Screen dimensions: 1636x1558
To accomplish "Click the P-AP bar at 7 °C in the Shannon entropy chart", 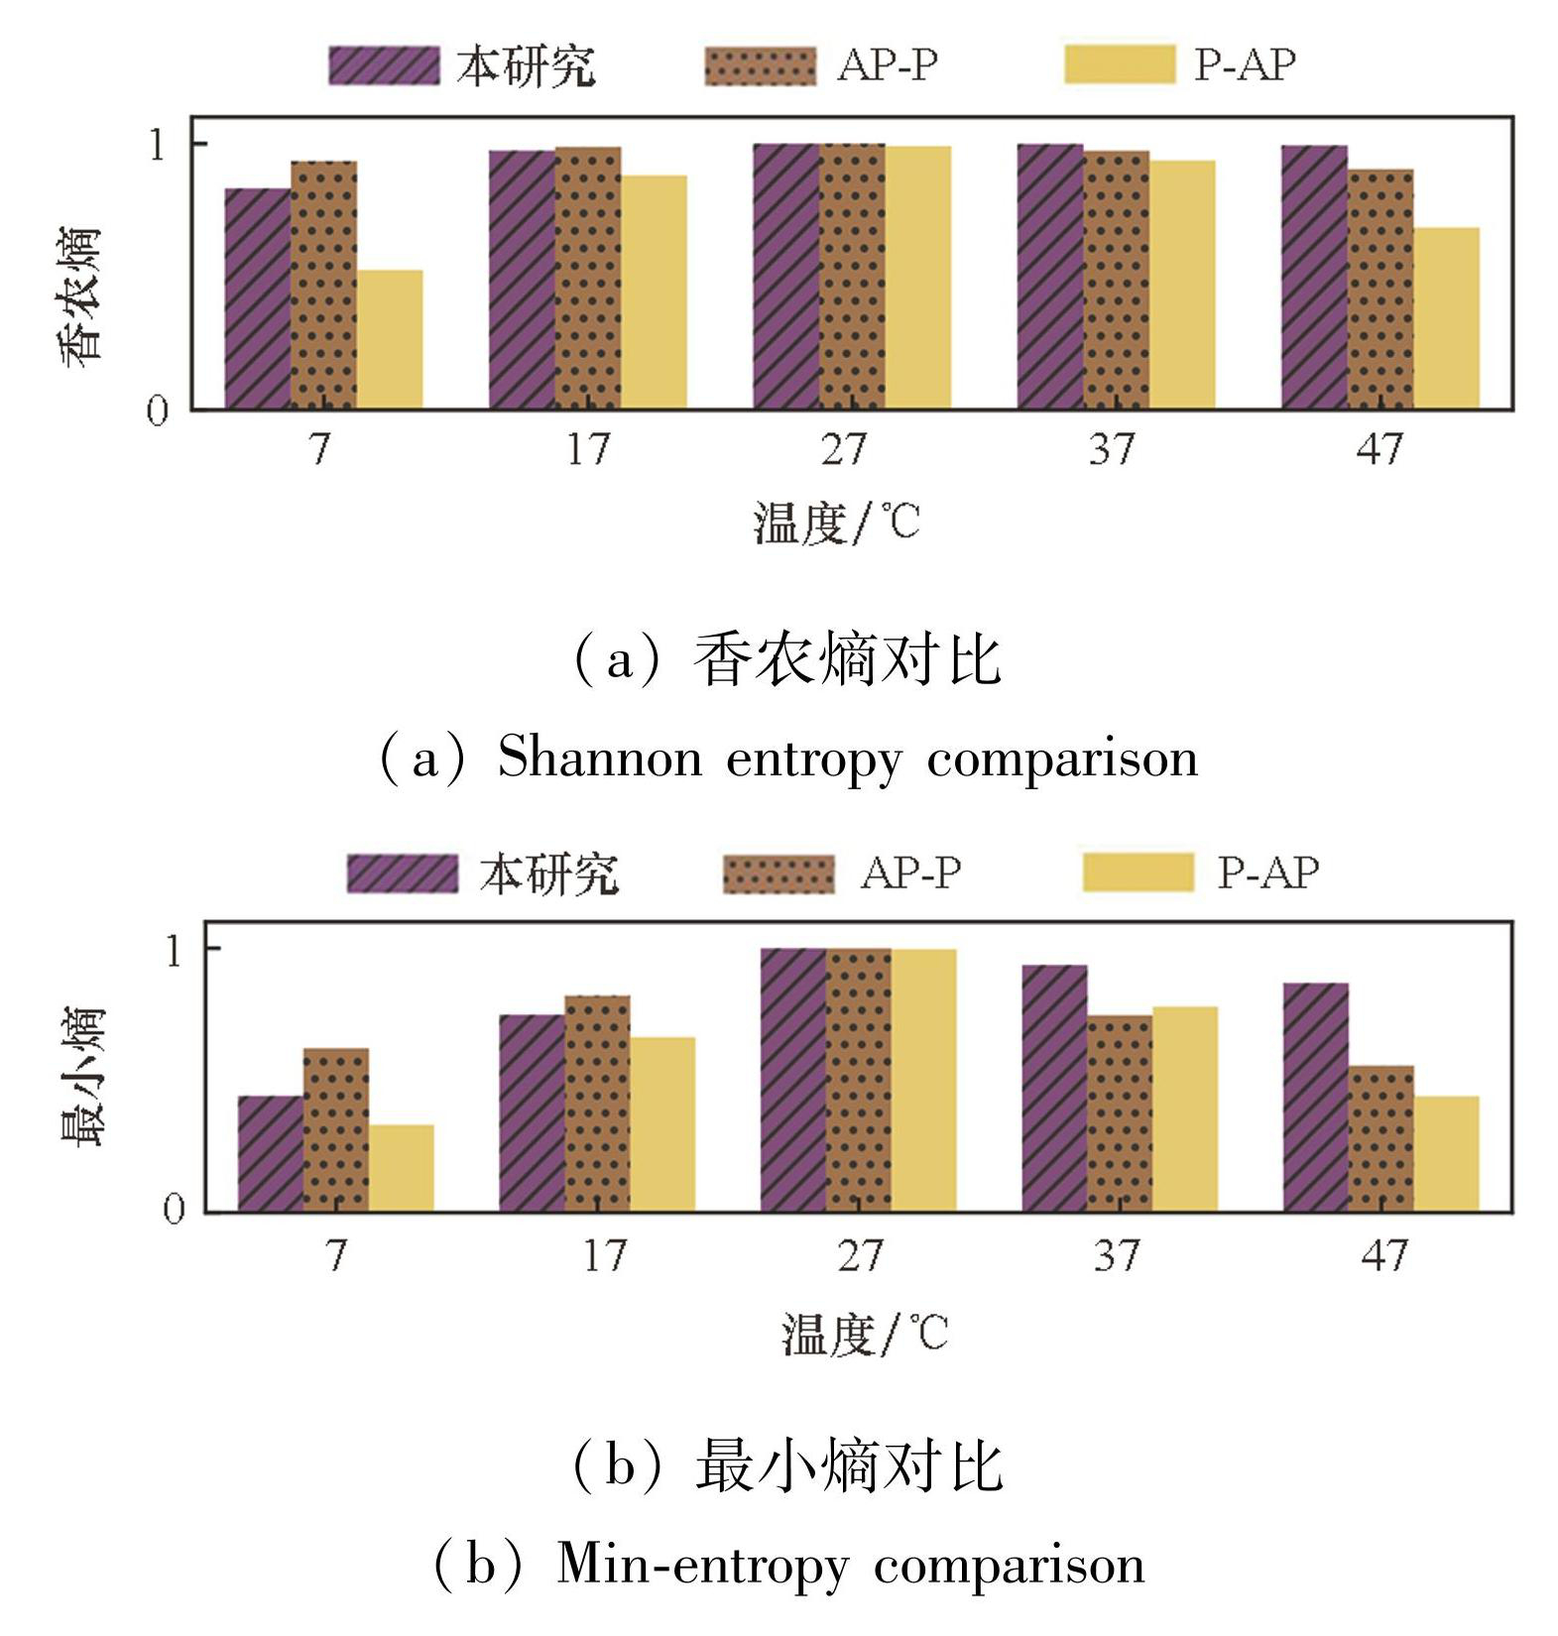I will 390,339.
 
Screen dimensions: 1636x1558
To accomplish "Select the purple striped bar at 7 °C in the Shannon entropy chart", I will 258,297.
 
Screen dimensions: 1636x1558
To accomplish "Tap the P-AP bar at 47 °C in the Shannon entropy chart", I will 1446,317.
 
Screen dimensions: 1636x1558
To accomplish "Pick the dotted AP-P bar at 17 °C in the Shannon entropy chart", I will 588,278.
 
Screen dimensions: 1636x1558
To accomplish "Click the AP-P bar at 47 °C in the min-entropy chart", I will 1380,1138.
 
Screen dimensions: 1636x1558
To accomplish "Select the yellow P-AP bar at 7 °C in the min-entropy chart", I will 401,1167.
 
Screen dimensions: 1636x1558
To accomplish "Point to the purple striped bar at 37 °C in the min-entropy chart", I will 1054,1088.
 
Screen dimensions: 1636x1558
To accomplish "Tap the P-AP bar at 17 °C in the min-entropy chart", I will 662,1123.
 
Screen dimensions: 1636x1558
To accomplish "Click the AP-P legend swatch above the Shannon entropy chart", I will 760,65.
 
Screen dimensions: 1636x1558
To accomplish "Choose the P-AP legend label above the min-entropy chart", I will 1268,873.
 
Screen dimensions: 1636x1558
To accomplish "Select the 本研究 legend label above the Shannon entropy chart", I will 526,65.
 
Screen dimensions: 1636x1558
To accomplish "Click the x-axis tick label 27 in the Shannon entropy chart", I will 844,449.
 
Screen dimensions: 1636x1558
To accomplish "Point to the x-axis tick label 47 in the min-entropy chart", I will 1383,1255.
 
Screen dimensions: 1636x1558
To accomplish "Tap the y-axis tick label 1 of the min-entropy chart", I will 175,951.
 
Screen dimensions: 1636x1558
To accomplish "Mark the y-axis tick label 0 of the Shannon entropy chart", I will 158,410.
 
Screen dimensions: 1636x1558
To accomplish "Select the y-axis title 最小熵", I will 81,1078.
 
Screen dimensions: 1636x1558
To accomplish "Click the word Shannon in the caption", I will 599,760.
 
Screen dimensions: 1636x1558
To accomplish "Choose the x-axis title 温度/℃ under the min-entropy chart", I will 865,1334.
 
